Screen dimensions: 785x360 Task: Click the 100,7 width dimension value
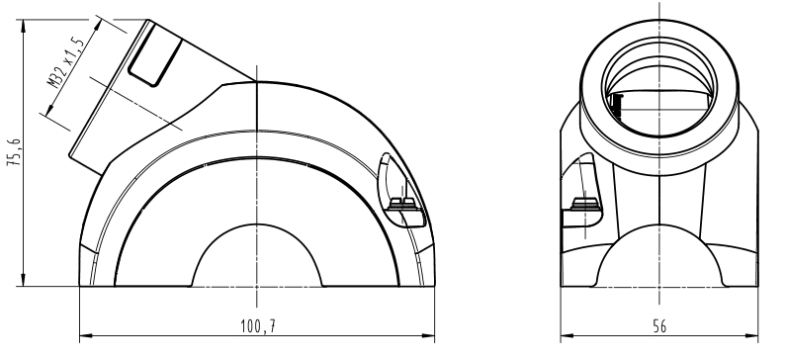(258, 326)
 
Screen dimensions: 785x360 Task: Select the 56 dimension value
(659, 326)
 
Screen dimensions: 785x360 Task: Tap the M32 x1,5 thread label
(64, 62)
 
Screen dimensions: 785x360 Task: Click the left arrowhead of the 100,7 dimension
(86, 335)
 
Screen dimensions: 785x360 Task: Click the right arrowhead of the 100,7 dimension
(428, 335)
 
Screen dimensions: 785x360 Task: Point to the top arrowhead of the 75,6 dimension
(23, 26)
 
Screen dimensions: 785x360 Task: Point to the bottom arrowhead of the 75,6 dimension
(23, 280)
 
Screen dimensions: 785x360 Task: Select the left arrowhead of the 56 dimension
(567, 335)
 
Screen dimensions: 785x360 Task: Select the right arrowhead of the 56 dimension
(752, 335)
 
